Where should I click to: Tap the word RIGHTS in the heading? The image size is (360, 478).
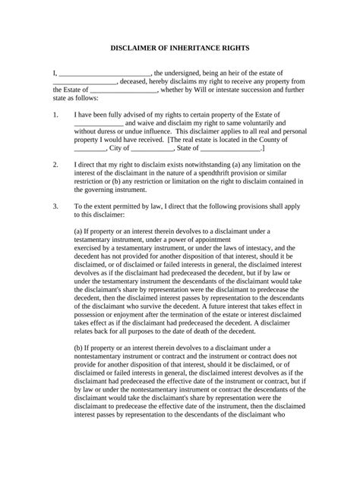(x=239, y=47)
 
